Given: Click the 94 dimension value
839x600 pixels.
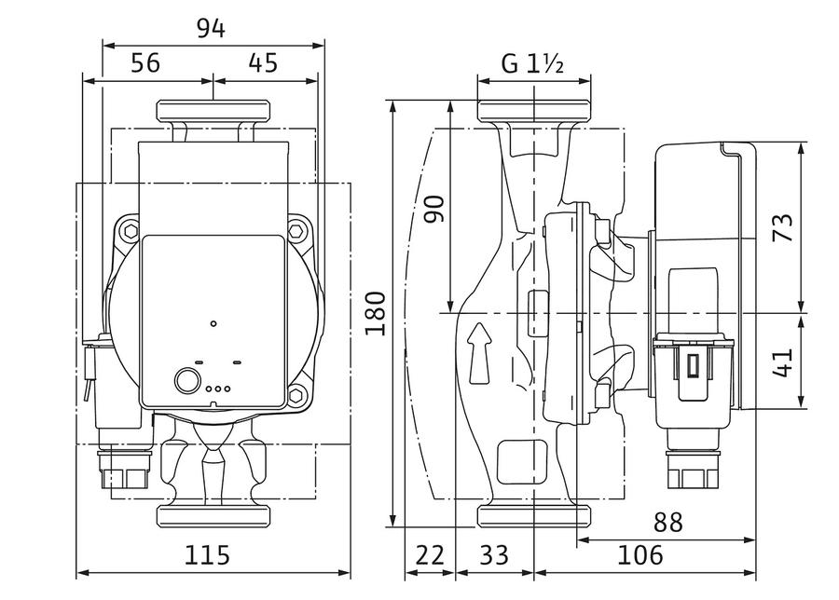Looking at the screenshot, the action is tap(211, 29).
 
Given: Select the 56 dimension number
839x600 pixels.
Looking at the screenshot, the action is tap(145, 63).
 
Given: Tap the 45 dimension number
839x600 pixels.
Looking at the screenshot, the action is tap(263, 63).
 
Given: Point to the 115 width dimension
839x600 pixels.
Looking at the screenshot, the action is tap(207, 555).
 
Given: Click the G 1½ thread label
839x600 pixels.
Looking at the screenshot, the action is tap(532, 64).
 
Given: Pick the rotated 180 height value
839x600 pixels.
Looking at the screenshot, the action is tap(376, 313).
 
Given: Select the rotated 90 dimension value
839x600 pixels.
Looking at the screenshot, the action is tap(434, 210).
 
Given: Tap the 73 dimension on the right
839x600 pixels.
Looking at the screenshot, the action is tap(784, 228).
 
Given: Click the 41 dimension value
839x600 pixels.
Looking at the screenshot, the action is tap(784, 363).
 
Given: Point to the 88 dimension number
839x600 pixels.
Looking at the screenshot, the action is tap(667, 523).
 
